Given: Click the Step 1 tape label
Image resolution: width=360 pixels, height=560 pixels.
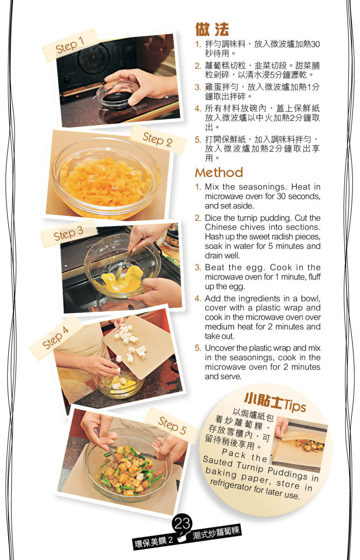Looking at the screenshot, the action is pos(70,45).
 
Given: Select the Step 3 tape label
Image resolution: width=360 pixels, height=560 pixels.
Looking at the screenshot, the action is pos(69,234).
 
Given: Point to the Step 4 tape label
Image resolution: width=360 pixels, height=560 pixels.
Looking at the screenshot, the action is pos(56,338).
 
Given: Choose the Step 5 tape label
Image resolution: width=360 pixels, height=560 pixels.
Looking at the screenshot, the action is pos(172,425).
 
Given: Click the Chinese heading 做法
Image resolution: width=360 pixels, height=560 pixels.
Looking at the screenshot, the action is pos(212,30).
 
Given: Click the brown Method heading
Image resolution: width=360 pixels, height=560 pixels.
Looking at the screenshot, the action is pos(219,172).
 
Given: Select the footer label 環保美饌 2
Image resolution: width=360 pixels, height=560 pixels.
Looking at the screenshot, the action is pos(154,542).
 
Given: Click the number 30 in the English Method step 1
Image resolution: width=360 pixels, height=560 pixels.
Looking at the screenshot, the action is pos(281,196).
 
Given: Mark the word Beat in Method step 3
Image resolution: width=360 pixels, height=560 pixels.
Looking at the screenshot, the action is pos(215,267).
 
